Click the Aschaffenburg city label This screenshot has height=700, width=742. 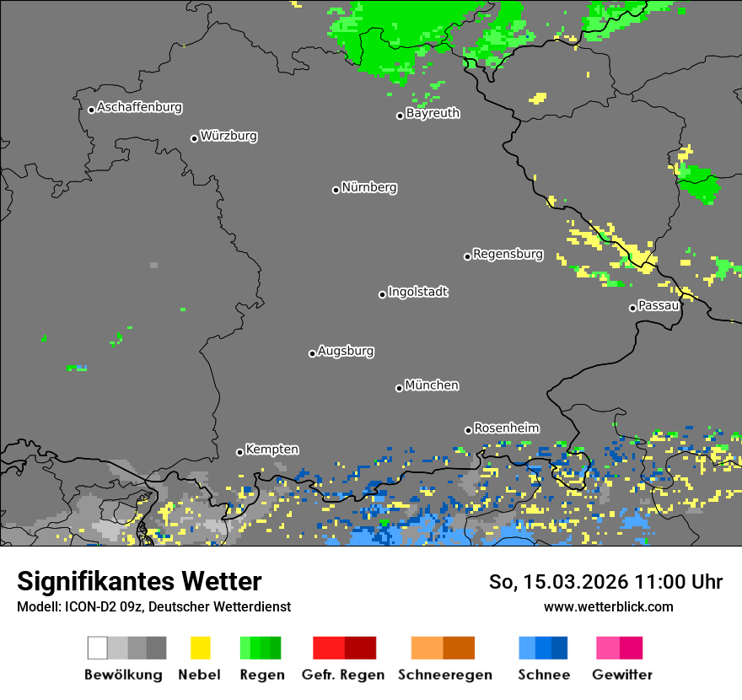pyautogui.click(x=139, y=108)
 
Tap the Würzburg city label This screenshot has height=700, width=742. pyautogui.click(x=229, y=137)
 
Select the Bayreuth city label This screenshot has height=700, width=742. pyautogui.click(x=433, y=113)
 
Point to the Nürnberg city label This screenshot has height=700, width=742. pyautogui.click(x=369, y=188)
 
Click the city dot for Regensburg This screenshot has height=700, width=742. pyautogui.click(x=467, y=256)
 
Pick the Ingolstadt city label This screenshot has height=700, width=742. pyautogui.click(x=418, y=293)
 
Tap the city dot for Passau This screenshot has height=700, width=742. pyautogui.click(x=632, y=308)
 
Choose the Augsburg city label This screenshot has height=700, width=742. pyautogui.click(x=346, y=352)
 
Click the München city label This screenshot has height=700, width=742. pyautogui.click(x=432, y=385)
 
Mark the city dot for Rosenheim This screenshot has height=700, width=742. pyautogui.click(x=468, y=430)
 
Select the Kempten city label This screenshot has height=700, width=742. pyautogui.click(x=272, y=450)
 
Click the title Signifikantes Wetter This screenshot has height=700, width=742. pyautogui.click(x=139, y=581)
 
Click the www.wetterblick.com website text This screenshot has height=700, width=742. pyautogui.click(x=608, y=606)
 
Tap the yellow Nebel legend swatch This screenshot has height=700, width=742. pyautogui.click(x=200, y=648)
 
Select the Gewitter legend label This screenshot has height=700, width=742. pyautogui.click(x=621, y=675)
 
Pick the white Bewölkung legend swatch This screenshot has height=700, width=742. pyautogui.click(x=98, y=648)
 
